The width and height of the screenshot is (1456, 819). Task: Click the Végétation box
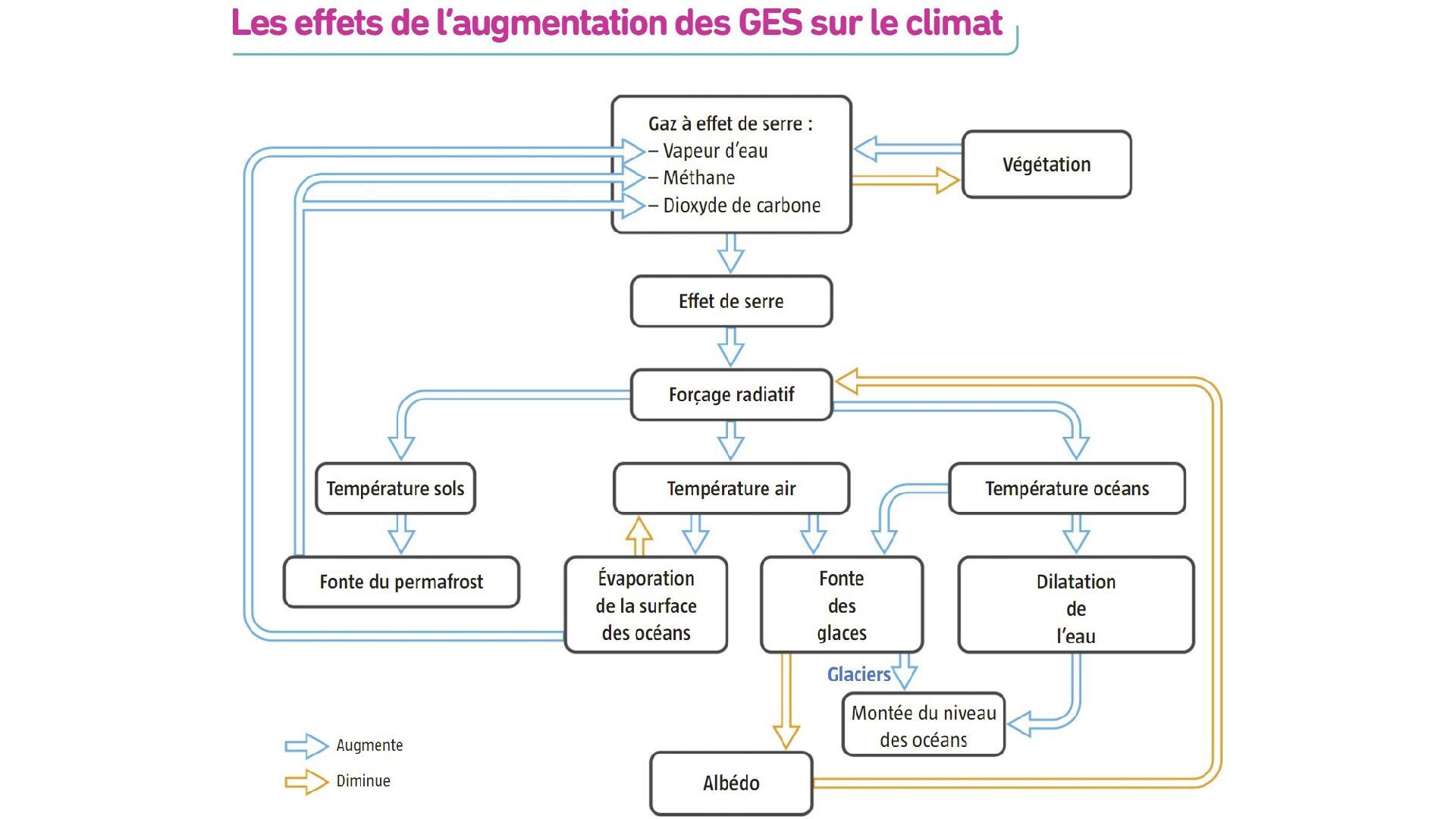pyautogui.click(x=1046, y=165)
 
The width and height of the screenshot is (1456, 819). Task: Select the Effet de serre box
pyautogui.click(x=731, y=301)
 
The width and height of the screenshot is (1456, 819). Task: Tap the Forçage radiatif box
pyautogui.click(x=731, y=394)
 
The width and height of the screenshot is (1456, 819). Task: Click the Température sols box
pyautogui.click(x=395, y=488)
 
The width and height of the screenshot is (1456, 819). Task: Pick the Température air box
pyautogui.click(x=731, y=488)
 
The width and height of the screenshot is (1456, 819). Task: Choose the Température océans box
pyautogui.click(x=1067, y=488)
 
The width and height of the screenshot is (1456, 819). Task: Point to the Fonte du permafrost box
pyautogui.click(x=401, y=582)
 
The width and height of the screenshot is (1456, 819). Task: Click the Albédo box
pyautogui.click(x=731, y=783)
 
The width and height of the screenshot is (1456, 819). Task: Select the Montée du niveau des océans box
pyautogui.click(x=923, y=725)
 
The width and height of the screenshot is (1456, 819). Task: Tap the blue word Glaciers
pyautogui.click(x=858, y=674)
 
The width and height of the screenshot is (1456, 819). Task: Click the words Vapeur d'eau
pyautogui.click(x=715, y=151)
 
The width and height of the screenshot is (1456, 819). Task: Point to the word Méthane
pyautogui.click(x=698, y=177)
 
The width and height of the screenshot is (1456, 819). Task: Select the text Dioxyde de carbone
pyautogui.click(x=742, y=206)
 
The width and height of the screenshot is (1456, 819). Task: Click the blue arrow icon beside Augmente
pyautogui.click(x=306, y=745)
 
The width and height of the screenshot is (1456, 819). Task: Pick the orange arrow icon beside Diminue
pyautogui.click(x=306, y=781)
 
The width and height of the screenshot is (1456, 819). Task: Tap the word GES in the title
pyautogui.click(x=770, y=23)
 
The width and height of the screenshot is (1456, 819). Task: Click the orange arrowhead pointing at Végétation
pyautogui.click(x=948, y=180)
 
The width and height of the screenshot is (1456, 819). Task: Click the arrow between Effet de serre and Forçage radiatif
pyautogui.click(x=731, y=347)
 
